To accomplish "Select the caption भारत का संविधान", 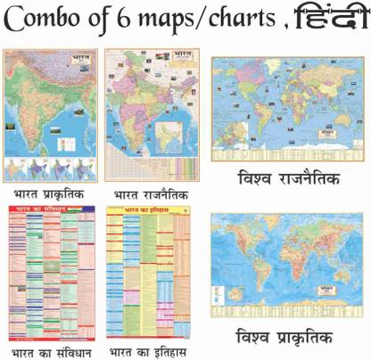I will (50, 351).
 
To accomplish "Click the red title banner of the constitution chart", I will (45, 211).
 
